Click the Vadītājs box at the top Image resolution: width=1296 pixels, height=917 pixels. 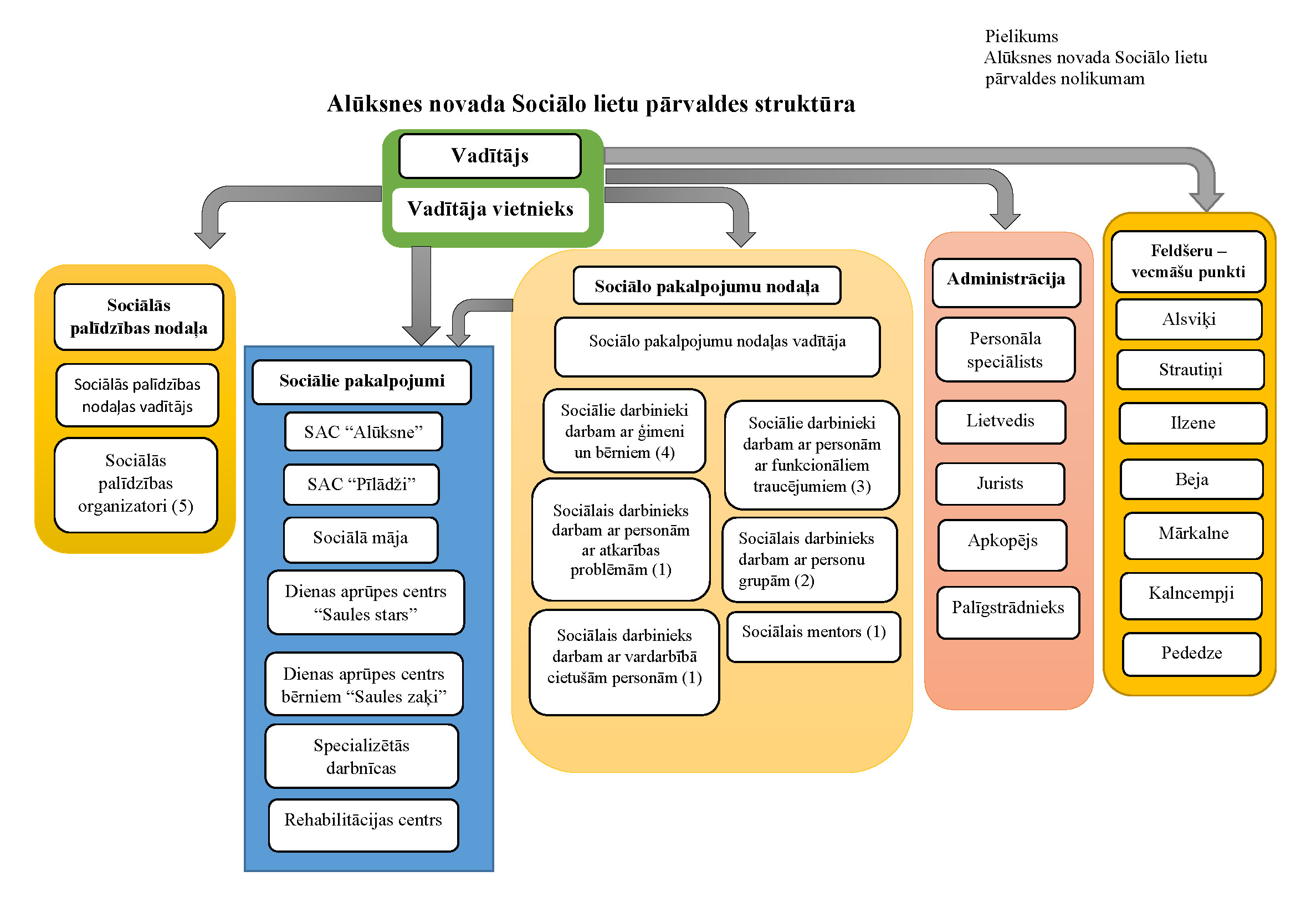pyautogui.click(x=489, y=156)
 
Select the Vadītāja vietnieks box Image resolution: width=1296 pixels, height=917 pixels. pyautogui.click(x=490, y=210)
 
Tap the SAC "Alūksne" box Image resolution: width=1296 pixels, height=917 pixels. pyautogui.click(x=363, y=432)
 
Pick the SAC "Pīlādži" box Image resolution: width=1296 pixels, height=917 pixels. pyautogui.click(x=361, y=485)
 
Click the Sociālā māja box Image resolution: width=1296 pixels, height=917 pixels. pyautogui.click(x=361, y=538)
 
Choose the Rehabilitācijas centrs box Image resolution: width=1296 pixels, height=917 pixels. pyautogui.click(x=363, y=824)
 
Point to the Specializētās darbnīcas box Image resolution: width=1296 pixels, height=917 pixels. pyautogui.click(x=361, y=757)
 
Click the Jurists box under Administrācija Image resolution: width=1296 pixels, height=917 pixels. pyautogui.click(x=1000, y=483)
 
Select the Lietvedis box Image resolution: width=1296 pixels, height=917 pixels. pyautogui.click(x=1000, y=421)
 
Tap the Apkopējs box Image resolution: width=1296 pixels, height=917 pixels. pyautogui.click(x=1002, y=544)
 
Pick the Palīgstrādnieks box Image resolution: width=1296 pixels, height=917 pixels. pyautogui.click(x=1007, y=612)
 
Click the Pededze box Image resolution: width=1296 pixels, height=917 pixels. pyautogui.click(x=1191, y=653)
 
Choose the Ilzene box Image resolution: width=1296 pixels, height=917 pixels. pyautogui.click(x=1192, y=423)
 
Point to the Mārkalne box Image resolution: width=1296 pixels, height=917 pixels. pyautogui.click(x=1193, y=534)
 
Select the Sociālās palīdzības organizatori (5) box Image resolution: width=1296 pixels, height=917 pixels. pyautogui.click(x=135, y=485)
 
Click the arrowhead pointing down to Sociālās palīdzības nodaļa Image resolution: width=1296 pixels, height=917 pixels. pyautogui.click(x=210, y=240)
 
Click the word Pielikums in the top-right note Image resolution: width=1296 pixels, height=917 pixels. pyautogui.click(x=1021, y=37)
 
